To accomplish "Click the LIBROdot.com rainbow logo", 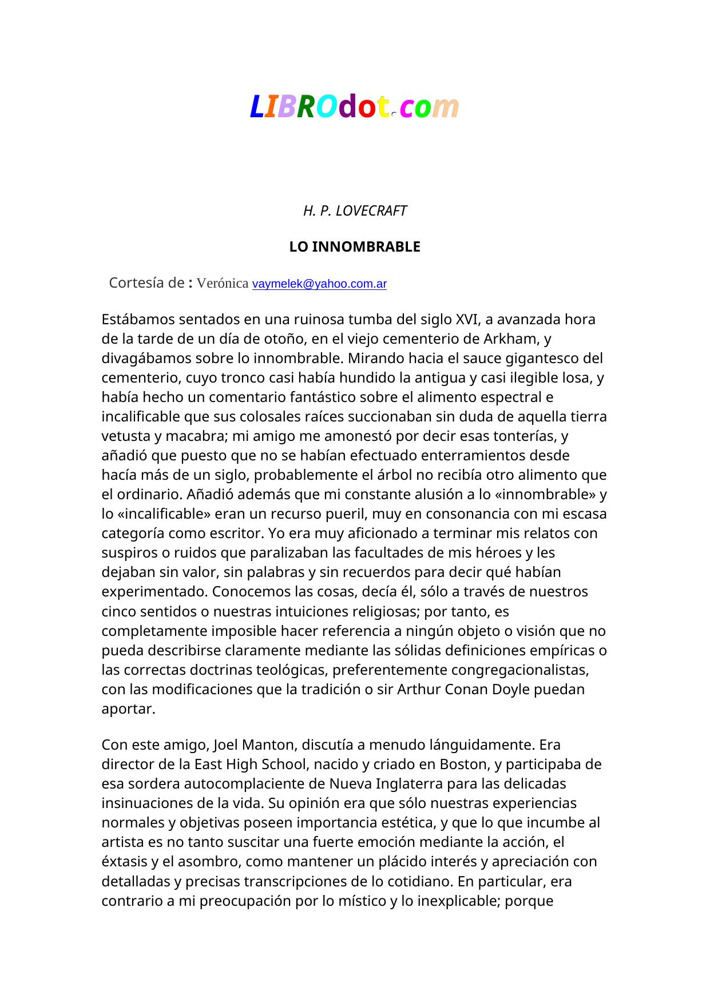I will coord(355,107).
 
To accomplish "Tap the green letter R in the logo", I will coord(306,107).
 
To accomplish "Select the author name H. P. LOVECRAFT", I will coord(355,211).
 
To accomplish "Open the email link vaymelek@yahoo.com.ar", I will coord(319,284).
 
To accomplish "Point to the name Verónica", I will coord(223,283).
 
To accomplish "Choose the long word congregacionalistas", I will coord(519,669).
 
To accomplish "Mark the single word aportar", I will coord(128,709).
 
